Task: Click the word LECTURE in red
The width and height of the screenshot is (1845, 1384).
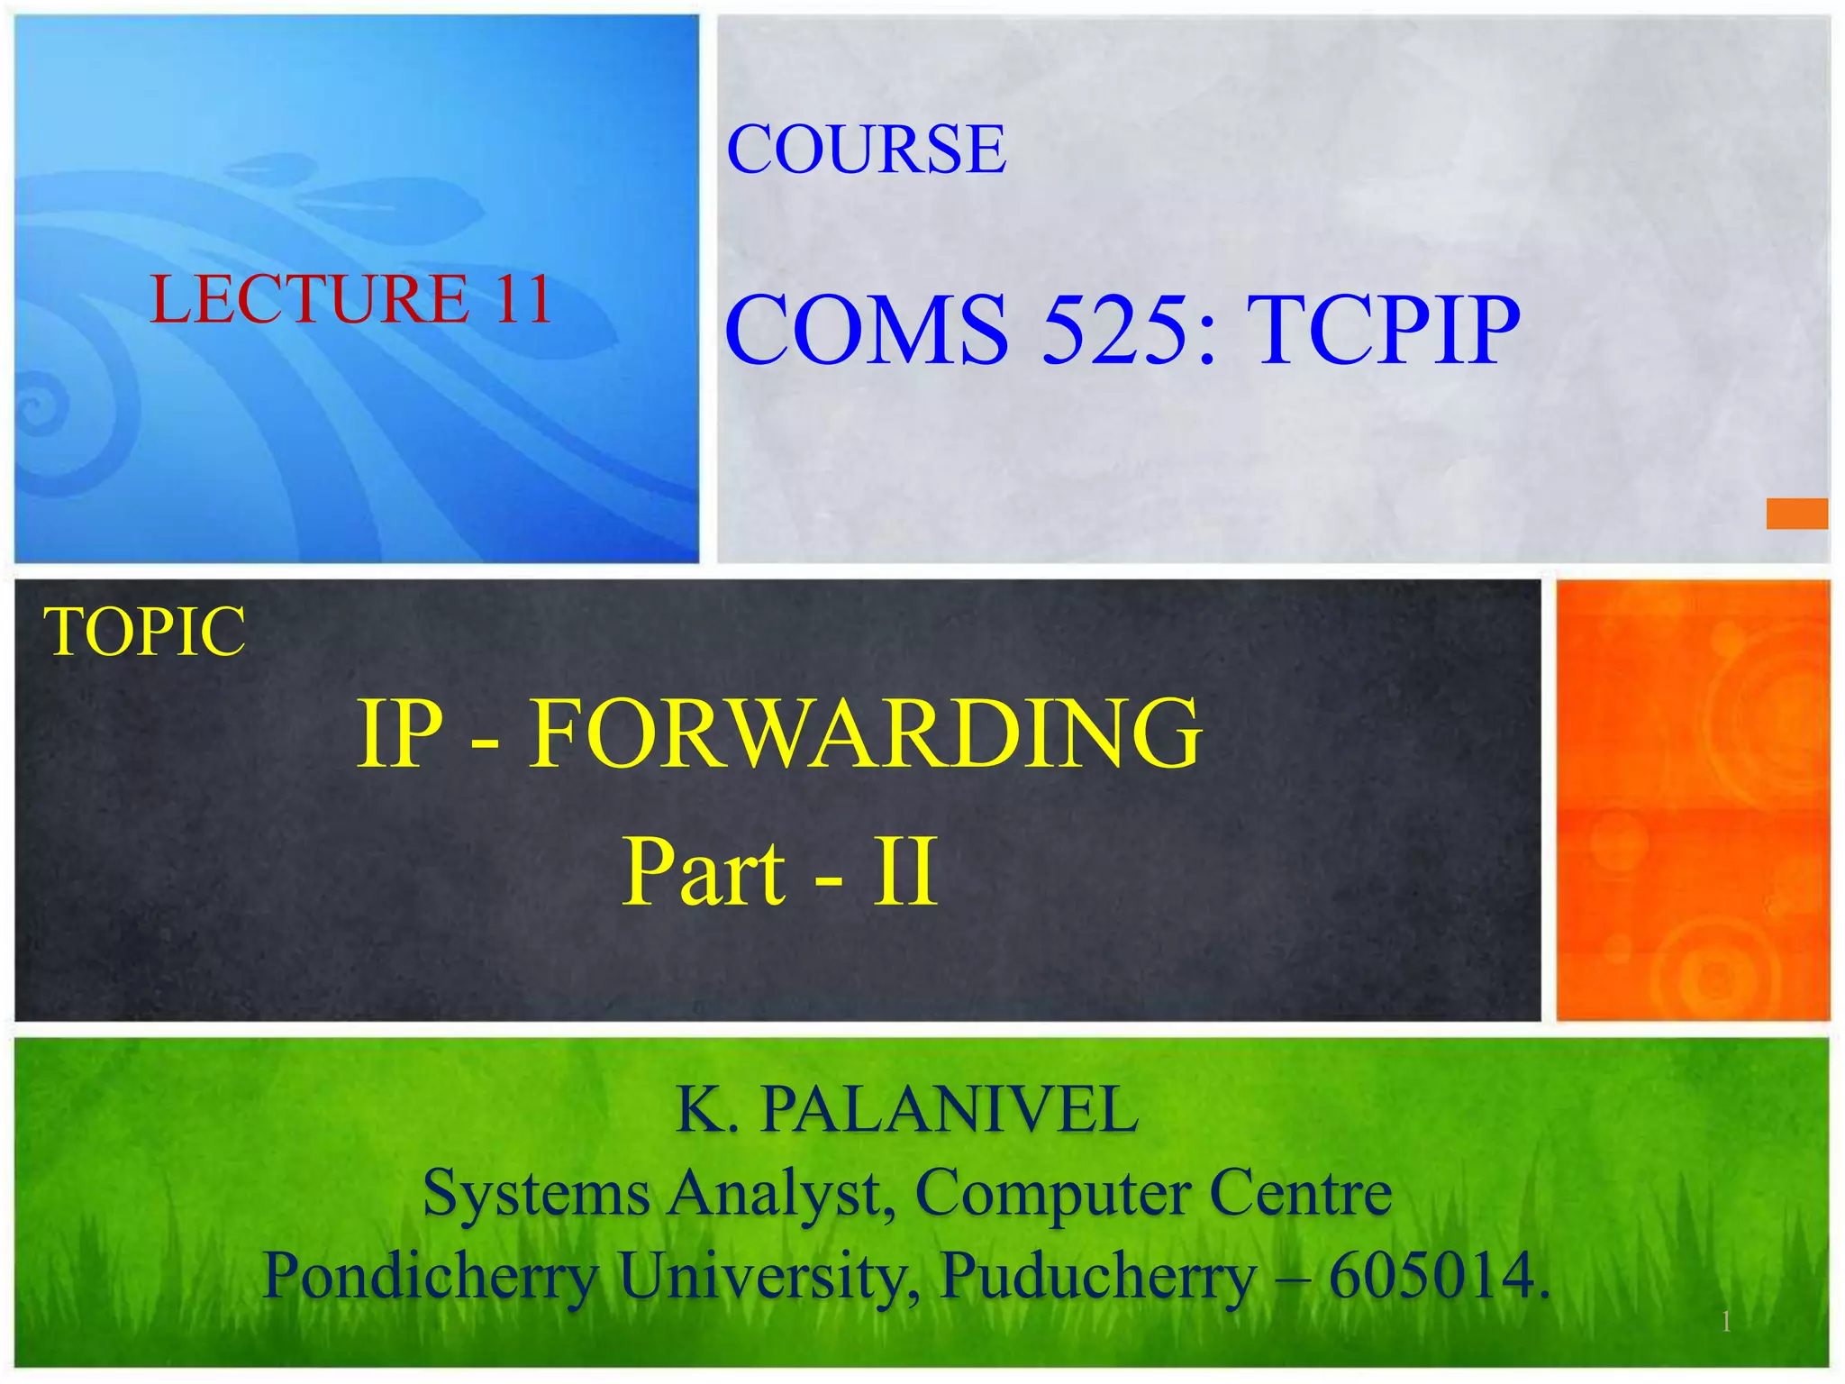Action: (309, 299)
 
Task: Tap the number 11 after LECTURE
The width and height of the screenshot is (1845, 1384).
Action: (522, 299)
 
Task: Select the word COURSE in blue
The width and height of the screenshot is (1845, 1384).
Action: (866, 150)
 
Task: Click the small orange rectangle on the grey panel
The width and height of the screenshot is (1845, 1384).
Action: (1796, 514)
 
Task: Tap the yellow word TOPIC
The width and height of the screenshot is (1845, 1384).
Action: (144, 632)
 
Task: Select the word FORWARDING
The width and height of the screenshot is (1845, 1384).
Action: (864, 733)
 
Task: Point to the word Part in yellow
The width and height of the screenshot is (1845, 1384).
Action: (704, 872)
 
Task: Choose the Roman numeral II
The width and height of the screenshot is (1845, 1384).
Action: (904, 872)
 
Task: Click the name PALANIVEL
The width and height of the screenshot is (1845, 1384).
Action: (950, 1110)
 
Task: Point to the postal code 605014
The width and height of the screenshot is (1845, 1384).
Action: (1439, 1277)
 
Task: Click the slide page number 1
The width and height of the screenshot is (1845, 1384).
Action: (1726, 1322)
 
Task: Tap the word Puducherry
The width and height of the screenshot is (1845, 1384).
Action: (1098, 1277)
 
